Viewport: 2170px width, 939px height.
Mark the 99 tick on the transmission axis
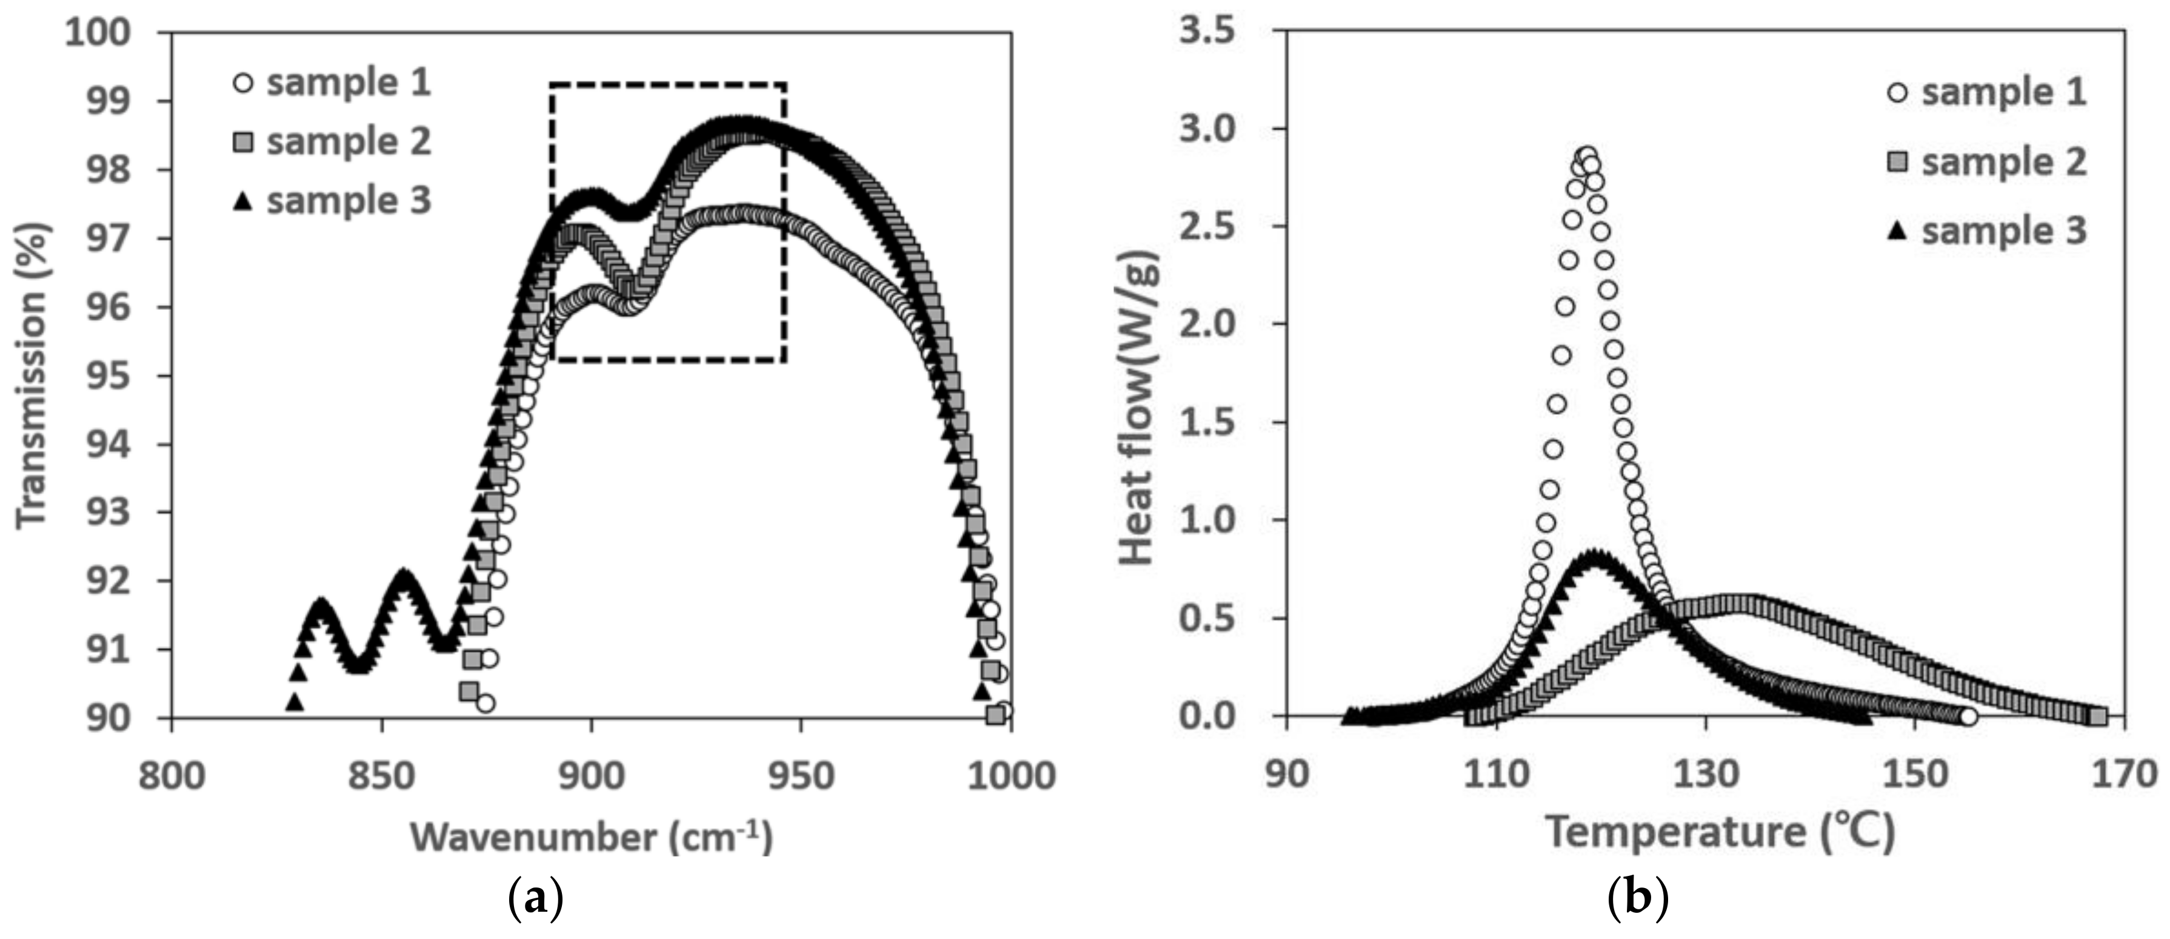point(110,101)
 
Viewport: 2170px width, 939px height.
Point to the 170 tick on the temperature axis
point(2124,773)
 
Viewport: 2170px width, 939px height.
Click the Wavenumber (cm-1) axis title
point(592,837)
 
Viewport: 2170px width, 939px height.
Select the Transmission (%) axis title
point(35,375)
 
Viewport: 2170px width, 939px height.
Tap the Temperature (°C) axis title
point(1720,831)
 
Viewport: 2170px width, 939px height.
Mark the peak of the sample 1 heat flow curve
point(1587,156)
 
